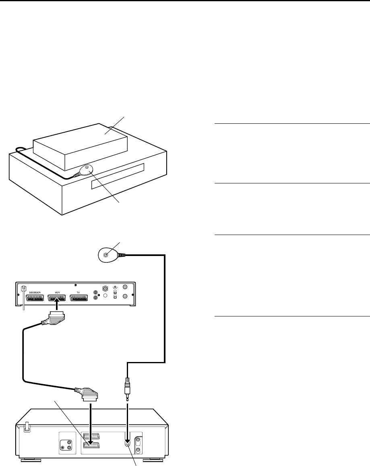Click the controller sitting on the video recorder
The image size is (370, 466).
pos(87,171)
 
